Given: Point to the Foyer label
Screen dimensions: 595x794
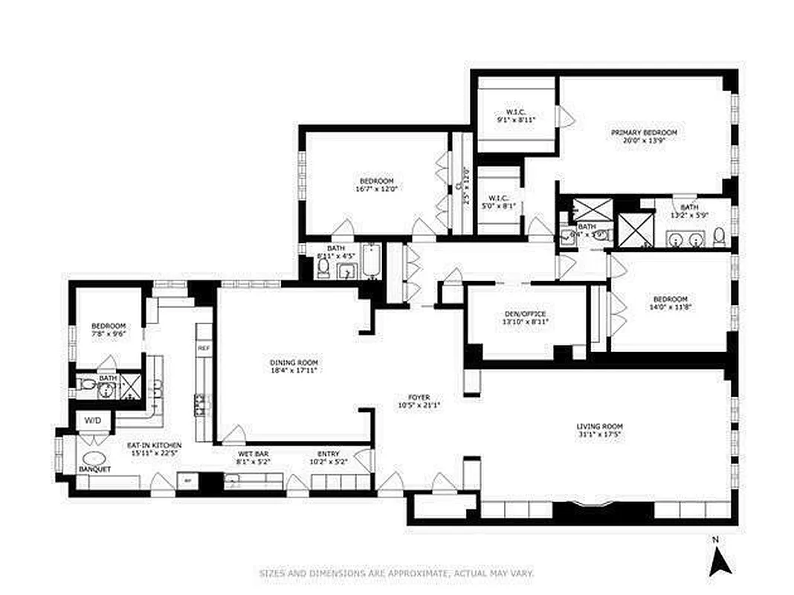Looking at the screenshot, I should click(419, 402).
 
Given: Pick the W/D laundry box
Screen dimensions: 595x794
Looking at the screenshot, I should click(92, 420).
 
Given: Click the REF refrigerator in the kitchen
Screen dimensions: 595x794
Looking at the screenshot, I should click(202, 347).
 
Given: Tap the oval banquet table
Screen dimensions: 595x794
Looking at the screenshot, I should click(94, 459).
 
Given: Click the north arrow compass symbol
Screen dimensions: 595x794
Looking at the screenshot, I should click(720, 559).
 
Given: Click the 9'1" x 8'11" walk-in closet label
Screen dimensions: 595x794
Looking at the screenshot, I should click(516, 116).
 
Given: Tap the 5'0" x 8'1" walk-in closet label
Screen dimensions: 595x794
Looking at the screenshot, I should click(498, 202).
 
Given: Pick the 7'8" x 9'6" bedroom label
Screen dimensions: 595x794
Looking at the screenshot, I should click(109, 329).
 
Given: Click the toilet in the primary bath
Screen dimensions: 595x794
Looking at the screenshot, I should click(718, 237).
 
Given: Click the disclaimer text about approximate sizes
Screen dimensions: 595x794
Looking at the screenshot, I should click(396, 573).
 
